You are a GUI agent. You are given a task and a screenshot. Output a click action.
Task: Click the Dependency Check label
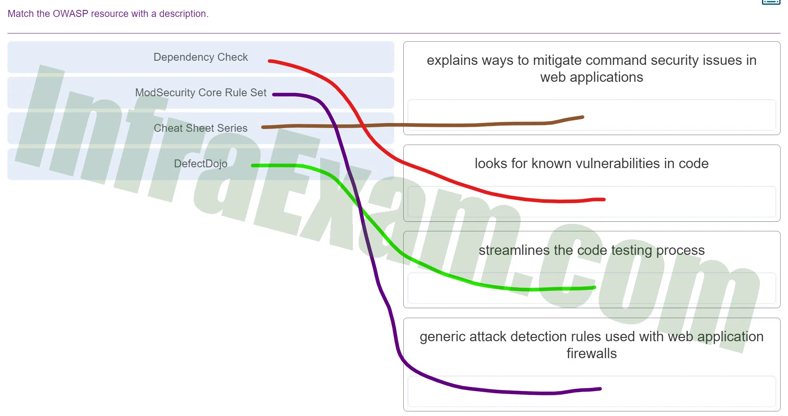tap(200, 57)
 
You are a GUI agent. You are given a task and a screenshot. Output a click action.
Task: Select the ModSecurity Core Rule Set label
tap(200, 93)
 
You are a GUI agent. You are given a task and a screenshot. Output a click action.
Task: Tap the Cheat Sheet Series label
tap(200, 128)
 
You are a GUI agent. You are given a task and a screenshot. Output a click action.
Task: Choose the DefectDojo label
tap(200, 164)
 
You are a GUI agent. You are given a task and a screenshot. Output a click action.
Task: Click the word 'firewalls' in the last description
tap(591, 354)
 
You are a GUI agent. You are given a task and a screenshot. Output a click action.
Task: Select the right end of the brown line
tap(583, 117)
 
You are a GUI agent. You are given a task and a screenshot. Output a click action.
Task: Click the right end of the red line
tap(604, 200)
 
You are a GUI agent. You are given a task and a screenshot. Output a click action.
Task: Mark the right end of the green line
tap(594, 288)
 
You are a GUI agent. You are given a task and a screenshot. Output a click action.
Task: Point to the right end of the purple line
tap(600, 389)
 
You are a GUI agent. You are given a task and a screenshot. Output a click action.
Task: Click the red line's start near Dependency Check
tap(269, 61)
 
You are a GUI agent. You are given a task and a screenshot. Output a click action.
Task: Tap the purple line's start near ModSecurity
tap(274, 95)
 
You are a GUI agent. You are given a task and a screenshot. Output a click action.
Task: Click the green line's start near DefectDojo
tap(252, 166)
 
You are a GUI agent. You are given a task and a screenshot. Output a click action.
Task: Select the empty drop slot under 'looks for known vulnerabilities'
tap(591, 202)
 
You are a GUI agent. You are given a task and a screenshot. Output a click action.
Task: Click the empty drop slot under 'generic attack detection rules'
tap(591, 391)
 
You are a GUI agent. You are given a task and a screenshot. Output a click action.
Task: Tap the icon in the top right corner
tap(771, 2)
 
